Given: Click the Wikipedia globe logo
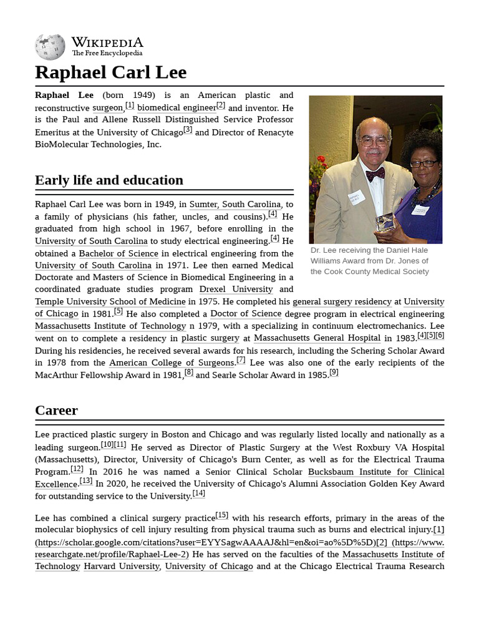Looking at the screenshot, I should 50,47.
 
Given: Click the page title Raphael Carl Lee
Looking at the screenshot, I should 110,72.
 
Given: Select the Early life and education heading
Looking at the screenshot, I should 109,180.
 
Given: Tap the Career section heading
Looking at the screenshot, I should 56,410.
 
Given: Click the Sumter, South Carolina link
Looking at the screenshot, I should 235,204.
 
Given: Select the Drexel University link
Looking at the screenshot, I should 236,290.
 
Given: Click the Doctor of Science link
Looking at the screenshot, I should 246,314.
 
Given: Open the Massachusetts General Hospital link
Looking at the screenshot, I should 317,338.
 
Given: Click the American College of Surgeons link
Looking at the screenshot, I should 172,363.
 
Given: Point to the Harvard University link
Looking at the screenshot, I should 122,567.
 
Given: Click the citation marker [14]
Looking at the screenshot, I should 198,493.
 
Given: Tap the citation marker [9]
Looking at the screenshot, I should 334,372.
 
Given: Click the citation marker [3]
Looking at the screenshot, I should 188,129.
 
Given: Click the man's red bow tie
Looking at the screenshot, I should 375,173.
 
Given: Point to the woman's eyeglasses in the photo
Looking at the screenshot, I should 423,164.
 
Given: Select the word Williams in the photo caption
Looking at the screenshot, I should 326,261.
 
